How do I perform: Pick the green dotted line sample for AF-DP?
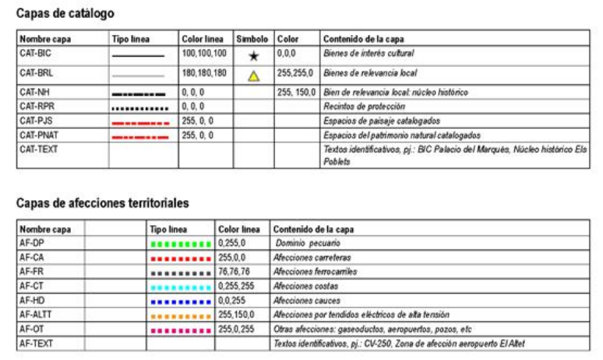point(181,244)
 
